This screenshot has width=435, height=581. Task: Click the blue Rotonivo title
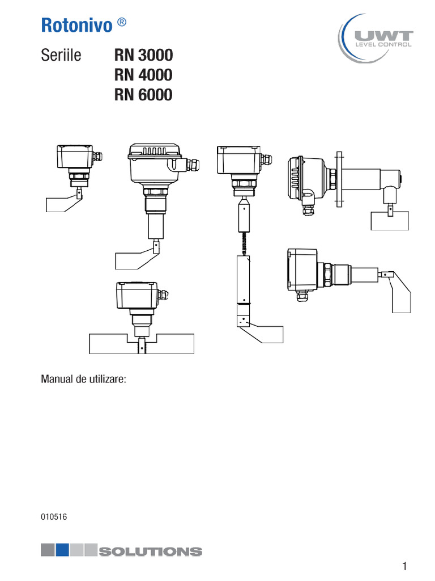pyautogui.click(x=76, y=25)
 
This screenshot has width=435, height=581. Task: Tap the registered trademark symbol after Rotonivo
pyautogui.click(x=122, y=23)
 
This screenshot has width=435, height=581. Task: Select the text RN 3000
pyautogui.click(x=143, y=55)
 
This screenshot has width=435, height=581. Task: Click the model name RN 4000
pyautogui.click(x=143, y=74)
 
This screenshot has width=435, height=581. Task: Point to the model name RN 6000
pyautogui.click(x=143, y=95)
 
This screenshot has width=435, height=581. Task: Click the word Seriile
pyautogui.click(x=61, y=55)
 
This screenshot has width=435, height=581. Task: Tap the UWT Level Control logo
pyautogui.click(x=376, y=39)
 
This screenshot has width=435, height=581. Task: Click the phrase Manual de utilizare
pyautogui.click(x=84, y=379)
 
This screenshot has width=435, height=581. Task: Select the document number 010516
pyautogui.click(x=54, y=516)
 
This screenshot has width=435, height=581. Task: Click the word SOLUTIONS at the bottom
pyautogui.click(x=151, y=551)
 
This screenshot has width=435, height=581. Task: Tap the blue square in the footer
pyautogui.click(x=62, y=550)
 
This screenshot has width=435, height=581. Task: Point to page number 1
pyautogui.click(x=404, y=566)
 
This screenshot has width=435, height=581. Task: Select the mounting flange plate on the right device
pyautogui.click(x=339, y=179)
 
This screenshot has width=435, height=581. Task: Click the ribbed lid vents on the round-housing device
pyautogui.click(x=154, y=151)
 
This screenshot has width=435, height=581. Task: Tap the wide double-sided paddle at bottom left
pyautogui.click(x=142, y=344)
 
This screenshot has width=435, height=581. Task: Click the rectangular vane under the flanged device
pyautogui.click(x=390, y=221)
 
